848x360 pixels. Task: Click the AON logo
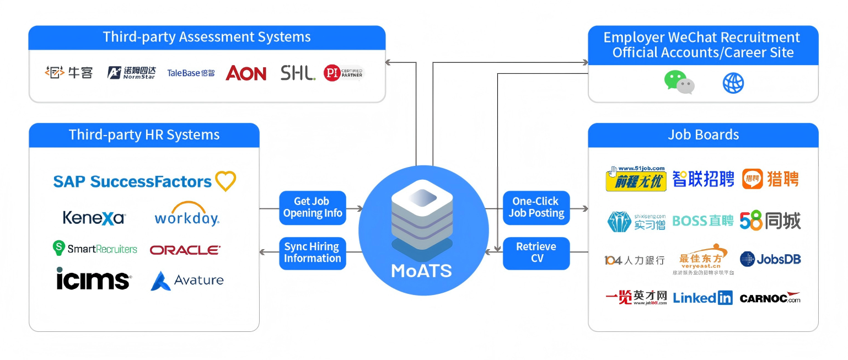pos(246,73)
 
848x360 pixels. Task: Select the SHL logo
pos(298,73)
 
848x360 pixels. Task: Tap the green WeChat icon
pos(679,83)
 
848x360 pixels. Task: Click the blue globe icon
pos(733,83)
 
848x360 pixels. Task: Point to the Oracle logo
pos(185,250)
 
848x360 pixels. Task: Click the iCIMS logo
pos(94,278)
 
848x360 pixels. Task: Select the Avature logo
pos(187,280)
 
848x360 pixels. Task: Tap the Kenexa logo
pos(94,218)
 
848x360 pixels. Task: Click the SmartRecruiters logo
pos(95,249)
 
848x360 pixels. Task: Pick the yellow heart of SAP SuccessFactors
pos(225,181)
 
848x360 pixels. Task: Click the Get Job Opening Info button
pos(313,208)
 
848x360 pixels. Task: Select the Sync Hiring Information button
pos(313,253)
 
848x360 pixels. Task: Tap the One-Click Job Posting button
pos(536,208)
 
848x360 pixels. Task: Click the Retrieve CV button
pos(536,253)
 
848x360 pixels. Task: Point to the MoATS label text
pos(421,271)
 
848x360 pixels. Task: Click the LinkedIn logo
pos(702,298)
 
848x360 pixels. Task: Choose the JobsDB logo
pos(770,259)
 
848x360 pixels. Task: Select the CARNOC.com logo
pos(770,298)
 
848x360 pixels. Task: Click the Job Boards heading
pos(703,135)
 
